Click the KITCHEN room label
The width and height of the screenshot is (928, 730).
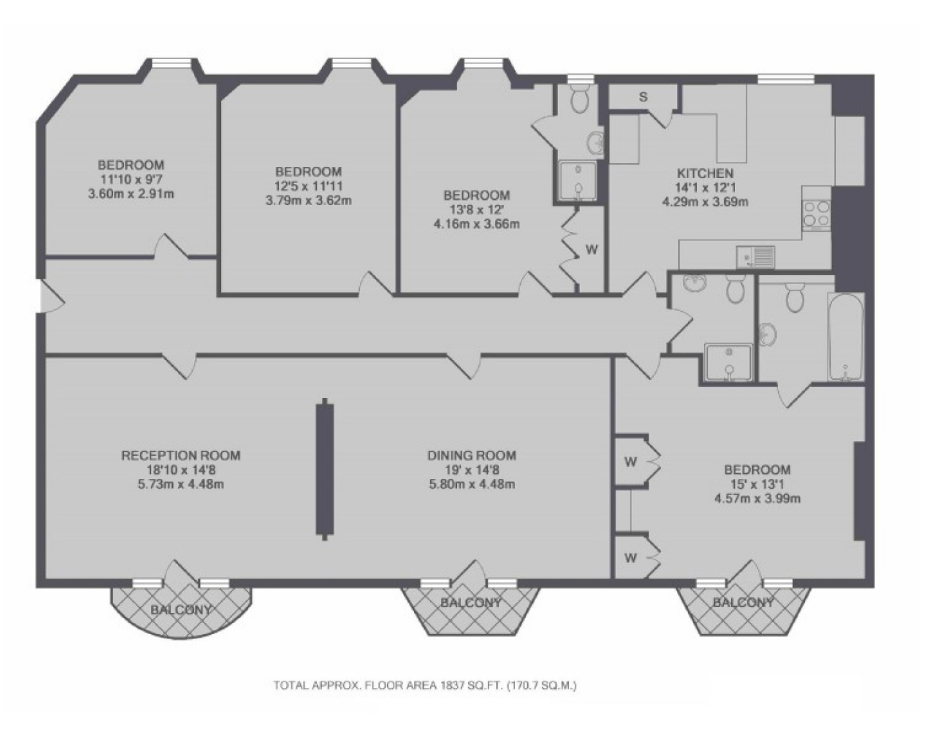coord(705,173)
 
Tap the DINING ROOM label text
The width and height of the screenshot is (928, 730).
coord(472,456)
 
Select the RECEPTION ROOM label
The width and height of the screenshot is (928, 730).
coord(181,456)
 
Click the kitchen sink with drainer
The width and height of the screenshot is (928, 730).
coord(755,257)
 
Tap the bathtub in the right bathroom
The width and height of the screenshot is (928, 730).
coord(846,337)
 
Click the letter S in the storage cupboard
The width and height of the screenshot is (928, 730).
coord(643,97)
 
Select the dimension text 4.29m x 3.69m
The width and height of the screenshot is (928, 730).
coord(705,202)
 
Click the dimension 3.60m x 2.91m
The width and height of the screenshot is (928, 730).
coord(131,193)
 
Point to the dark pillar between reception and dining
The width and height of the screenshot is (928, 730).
coord(324,469)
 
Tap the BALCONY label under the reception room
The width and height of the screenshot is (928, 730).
coord(181,609)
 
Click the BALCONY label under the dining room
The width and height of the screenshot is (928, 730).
coord(471,603)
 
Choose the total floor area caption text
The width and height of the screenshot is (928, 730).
coord(425,686)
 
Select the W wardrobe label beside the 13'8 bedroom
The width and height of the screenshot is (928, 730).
coord(592,250)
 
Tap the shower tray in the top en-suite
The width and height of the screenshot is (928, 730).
coord(577,181)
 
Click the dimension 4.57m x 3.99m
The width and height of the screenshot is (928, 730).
coord(757,498)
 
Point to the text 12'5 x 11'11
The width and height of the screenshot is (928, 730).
coord(308,186)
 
